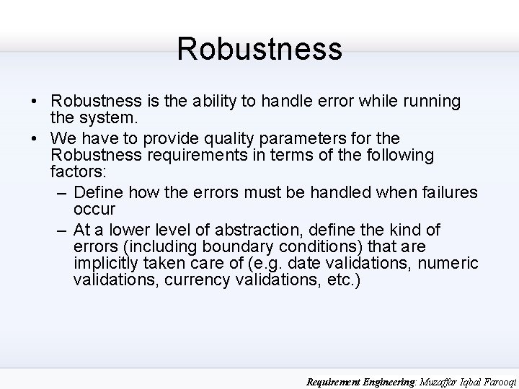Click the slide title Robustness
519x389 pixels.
click(x=259, y=49)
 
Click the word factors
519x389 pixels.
click(x=77, y=173)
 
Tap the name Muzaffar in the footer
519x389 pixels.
click(x=422, y=383)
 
